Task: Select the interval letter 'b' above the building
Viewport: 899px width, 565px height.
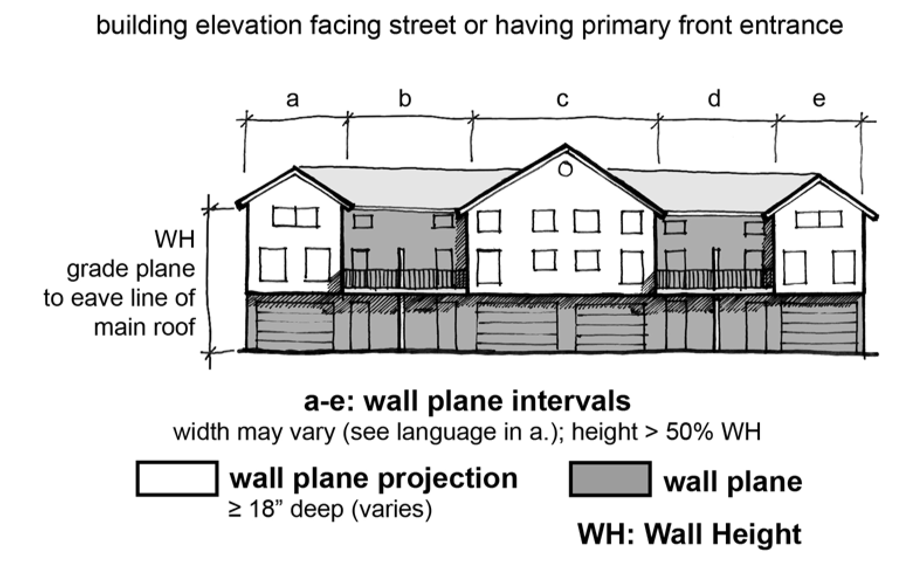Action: (405, 98)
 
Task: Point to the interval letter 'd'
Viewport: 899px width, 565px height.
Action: (714, 98)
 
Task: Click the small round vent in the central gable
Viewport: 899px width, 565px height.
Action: (565, 170)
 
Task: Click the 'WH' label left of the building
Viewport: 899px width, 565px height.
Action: (174, 239)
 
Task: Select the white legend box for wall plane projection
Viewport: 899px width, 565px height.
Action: (177, 478)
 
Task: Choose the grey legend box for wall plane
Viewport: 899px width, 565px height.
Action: (610, 479)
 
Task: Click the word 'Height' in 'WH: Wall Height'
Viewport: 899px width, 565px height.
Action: (753, 534)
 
